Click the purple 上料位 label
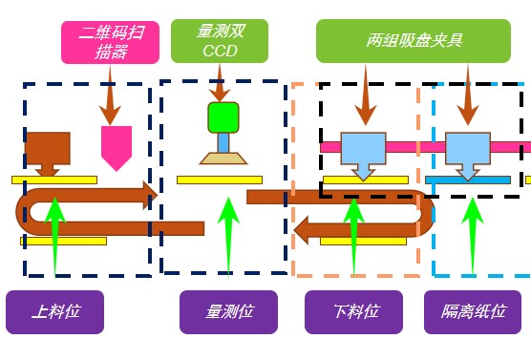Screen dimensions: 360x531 click(54, 312)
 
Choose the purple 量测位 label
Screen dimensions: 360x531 click(228, 312)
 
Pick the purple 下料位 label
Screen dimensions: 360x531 click(356, 312)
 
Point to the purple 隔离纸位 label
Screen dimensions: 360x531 click(473, 312)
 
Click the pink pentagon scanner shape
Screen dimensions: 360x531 click(117, 146)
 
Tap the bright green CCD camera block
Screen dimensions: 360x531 click(223, 117)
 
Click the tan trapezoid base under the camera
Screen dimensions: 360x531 click(223, 158)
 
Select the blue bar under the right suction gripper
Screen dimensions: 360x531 click(467, 180)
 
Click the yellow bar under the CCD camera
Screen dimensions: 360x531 click(219, 180)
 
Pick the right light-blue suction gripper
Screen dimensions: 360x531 click(467, 150)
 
